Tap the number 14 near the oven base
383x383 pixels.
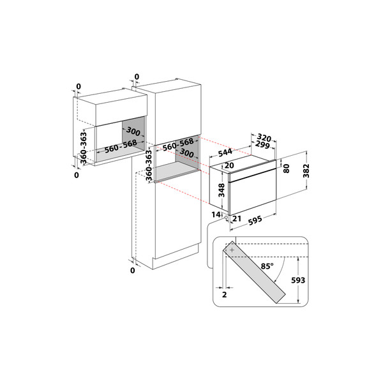tap(215, 214)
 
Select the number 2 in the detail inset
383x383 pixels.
tap(225, 296)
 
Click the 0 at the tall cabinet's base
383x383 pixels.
tap(133, 271)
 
